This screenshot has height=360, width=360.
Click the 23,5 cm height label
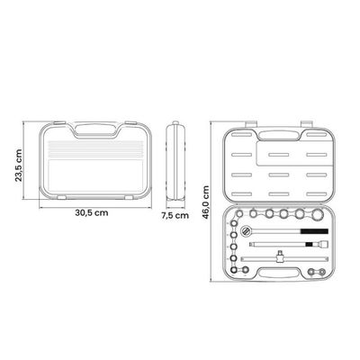[19, 166]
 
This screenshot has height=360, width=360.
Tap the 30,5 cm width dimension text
[92, 212]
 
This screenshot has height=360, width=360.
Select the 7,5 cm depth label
[175, 215]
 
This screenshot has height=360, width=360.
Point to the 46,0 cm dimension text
[205, 202]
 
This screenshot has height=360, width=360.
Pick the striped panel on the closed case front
[95, 149]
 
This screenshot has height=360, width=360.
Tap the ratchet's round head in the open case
[246, 231]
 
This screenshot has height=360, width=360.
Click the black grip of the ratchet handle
[314, 231]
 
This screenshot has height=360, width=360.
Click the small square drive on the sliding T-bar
[280, 254]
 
